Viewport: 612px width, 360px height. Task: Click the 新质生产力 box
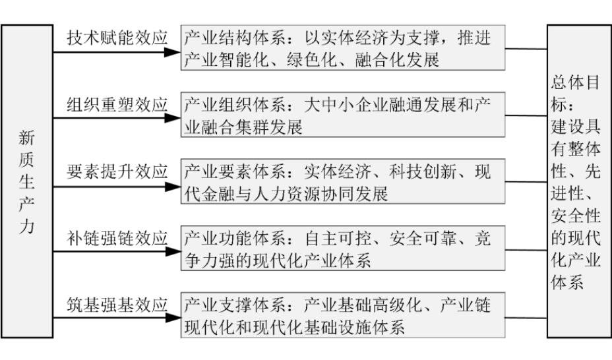pos(27,181)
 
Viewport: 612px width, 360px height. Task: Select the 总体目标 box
pos(579,181)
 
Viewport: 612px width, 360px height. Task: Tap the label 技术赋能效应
pos(117,38)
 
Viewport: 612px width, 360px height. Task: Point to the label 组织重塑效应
pos(117,105)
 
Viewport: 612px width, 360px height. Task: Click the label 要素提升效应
pos(117,171)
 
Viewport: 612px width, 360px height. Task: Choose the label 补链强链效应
pos(117,238)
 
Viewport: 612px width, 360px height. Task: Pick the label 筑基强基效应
pos(117,305)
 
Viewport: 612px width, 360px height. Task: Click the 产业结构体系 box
pos(343,48)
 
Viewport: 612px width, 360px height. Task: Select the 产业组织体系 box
pos(343,115)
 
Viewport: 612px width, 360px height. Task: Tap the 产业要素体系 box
pos(343,181)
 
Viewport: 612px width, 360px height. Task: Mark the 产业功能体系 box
pos(343,248)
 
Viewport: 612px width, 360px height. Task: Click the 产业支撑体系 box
pos(343,315)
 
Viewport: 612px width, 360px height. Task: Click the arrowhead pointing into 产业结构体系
pos(173,52)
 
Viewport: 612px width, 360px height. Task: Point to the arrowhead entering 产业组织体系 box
pos(173,118)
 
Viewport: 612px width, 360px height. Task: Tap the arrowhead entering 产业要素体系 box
pos(173,187)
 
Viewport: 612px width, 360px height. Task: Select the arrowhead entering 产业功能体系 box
pos(173,252)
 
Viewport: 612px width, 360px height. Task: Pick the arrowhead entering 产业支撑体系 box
pos(173,318)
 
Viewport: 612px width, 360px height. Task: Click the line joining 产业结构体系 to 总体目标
pos(526,49)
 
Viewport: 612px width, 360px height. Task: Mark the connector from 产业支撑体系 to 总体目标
pos(526,318)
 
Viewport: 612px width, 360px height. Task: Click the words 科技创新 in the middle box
pos(423,171)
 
